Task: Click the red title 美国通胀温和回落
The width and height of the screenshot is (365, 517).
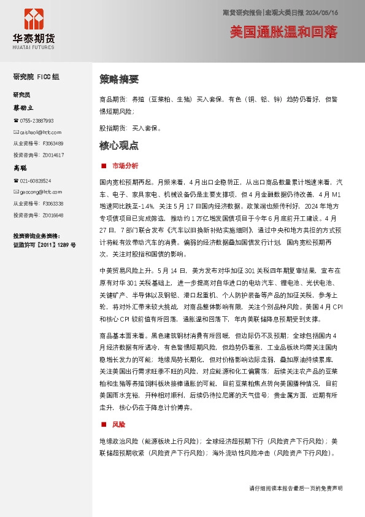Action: point(283,32)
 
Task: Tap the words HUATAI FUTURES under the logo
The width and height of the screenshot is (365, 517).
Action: point(33,47)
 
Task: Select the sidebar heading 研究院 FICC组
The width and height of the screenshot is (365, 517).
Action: point(36,77)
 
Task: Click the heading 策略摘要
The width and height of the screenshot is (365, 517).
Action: point(118,79)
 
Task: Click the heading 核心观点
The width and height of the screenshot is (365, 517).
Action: point(118,146)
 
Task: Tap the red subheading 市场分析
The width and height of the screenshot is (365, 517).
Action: point(126,166)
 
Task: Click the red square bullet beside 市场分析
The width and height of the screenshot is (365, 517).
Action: point(103,166)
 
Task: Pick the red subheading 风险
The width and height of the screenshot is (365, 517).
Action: point(118,424)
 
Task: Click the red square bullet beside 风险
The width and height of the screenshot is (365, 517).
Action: point(103,424)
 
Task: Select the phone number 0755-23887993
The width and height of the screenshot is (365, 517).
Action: point(37,121)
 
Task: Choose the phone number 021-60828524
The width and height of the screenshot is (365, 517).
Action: point(36,181)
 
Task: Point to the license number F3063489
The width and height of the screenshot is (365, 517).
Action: point(53,143)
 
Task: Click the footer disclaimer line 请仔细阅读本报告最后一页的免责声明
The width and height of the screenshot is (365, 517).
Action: point(296,488)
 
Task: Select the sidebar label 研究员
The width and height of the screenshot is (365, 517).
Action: point(21,95)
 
